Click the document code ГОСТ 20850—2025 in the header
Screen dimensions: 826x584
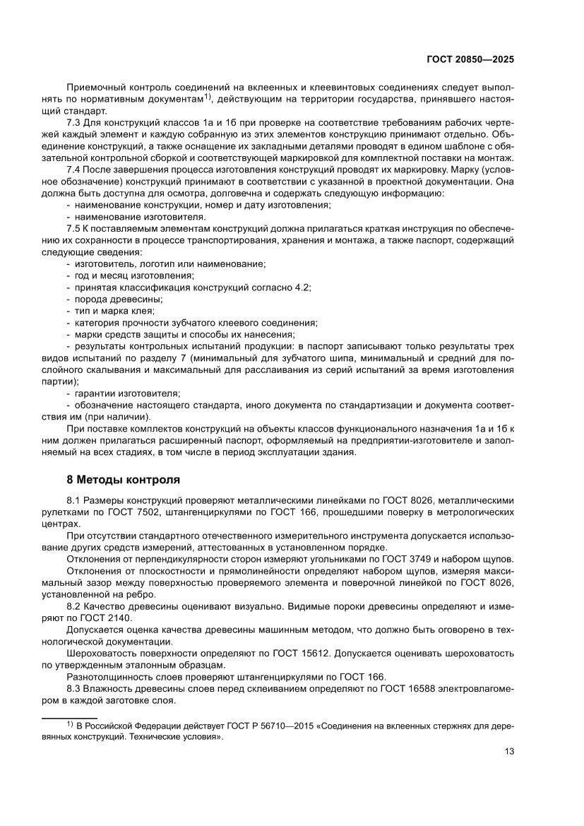(x=470, y=59)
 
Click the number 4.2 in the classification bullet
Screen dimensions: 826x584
(x=302, y=287)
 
